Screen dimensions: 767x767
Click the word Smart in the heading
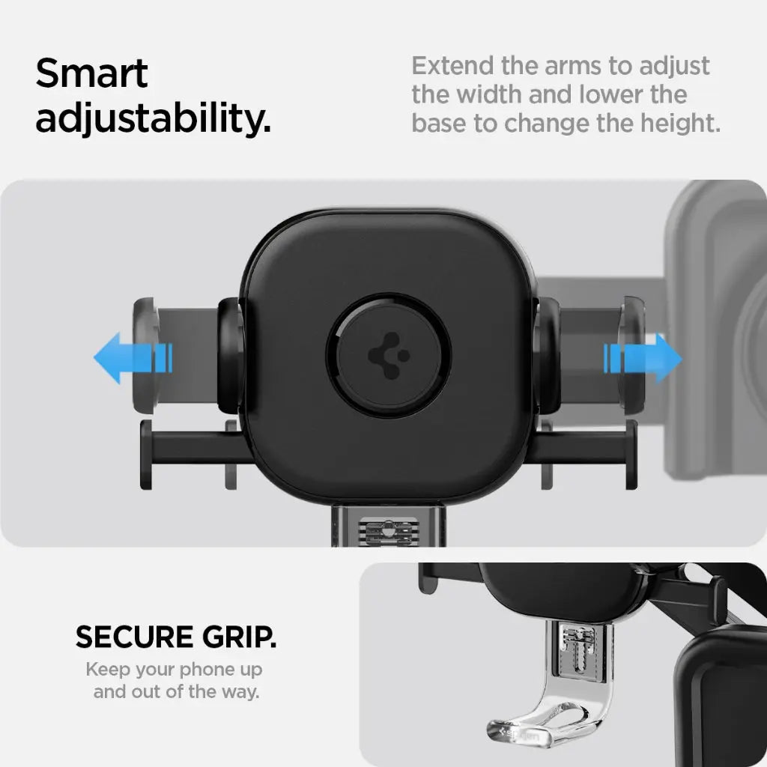pos(91,75)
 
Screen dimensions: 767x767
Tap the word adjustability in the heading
pos(153,119)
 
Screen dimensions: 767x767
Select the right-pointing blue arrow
pos(643,359)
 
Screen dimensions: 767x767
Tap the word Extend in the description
pos(452,66)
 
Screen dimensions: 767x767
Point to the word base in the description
pos(440,122)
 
